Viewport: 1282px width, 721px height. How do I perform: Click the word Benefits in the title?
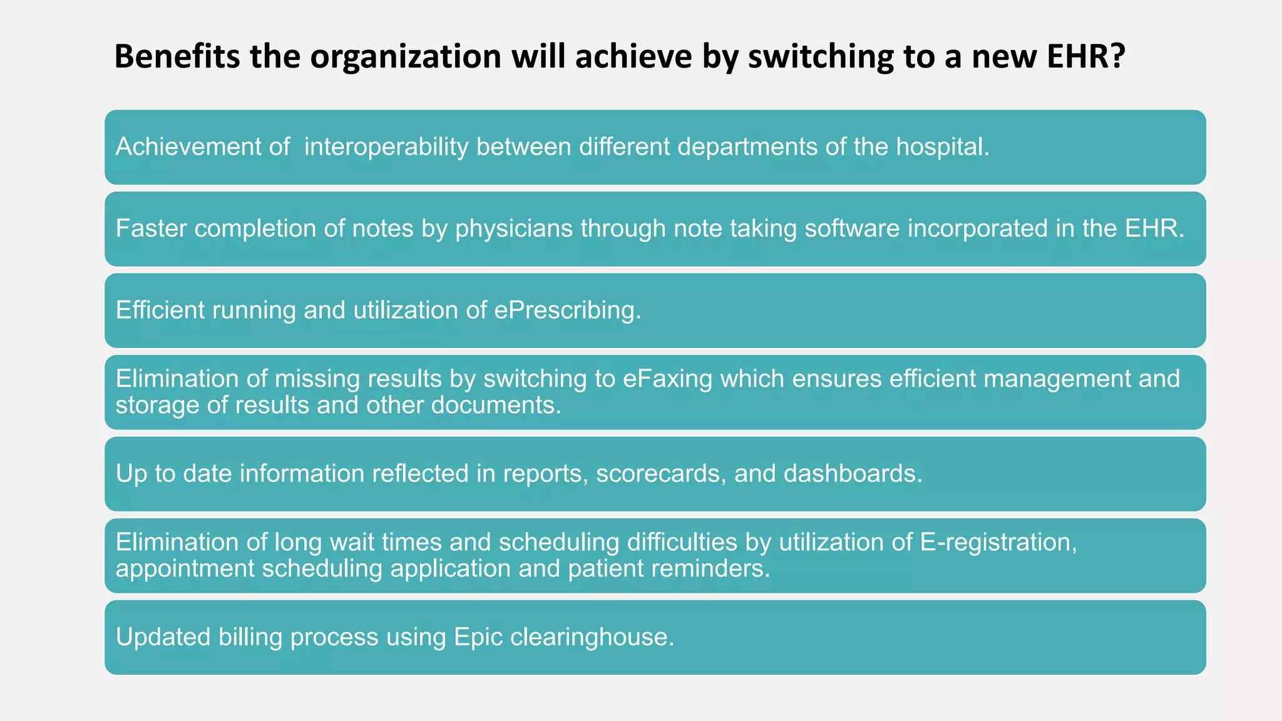[176, 56]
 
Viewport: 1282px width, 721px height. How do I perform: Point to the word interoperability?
[386, 147]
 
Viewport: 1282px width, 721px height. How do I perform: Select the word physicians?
[514, 228]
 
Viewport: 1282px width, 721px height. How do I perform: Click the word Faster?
[151, 228]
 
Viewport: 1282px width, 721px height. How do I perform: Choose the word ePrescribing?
[566, 310]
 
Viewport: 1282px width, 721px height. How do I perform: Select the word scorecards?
[661, 474]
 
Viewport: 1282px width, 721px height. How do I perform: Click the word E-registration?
[998, 543]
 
